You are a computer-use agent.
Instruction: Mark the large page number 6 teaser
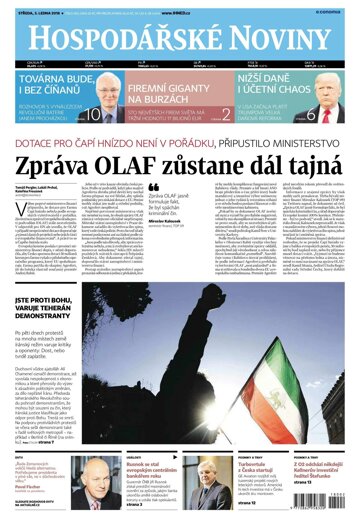297,114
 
